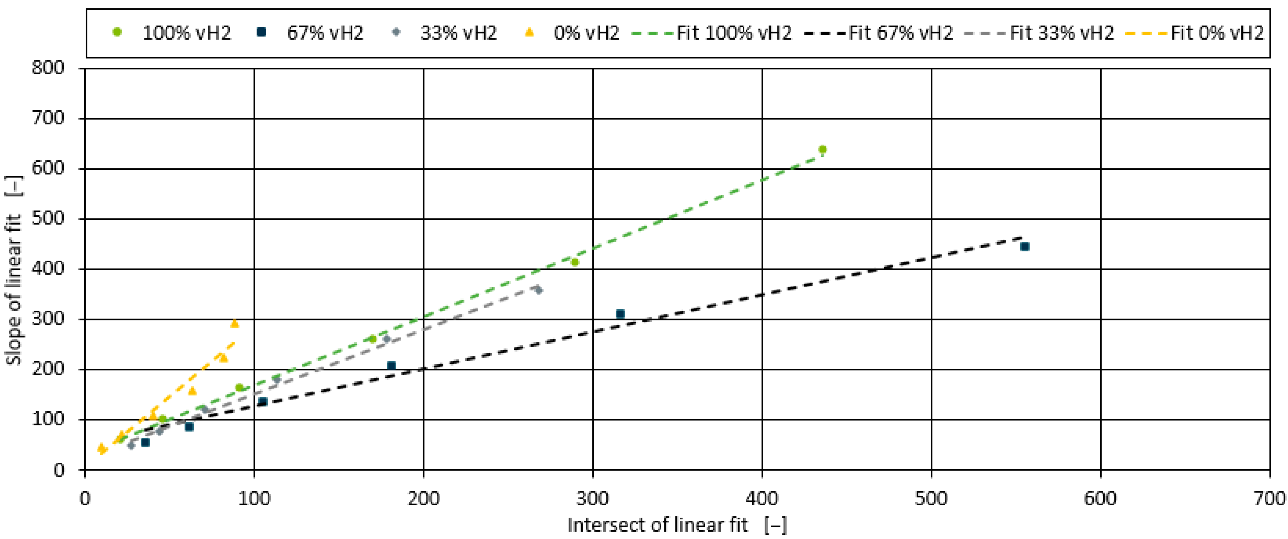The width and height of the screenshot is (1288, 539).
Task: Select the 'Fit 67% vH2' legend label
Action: pos(900,33)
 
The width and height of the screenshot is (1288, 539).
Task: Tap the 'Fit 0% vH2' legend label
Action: pos(1217,33)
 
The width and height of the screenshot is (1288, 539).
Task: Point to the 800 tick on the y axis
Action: pos(48,67)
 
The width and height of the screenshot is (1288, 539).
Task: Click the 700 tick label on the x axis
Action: pos(1269,498)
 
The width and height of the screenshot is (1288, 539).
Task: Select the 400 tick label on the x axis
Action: pos(762,498)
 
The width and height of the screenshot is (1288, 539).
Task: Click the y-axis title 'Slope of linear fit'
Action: pos(14,270)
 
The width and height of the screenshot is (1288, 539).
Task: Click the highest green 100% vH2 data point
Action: pos(822,149)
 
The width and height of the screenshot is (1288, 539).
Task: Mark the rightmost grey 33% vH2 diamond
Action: pos(538,290)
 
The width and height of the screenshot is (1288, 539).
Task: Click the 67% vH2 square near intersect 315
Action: pos(620,314)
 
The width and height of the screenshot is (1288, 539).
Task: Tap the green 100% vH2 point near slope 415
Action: pos(574,262)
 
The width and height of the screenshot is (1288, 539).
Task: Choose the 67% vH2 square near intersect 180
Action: pos(392,365)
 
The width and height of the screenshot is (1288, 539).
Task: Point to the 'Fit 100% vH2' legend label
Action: pos(734,33)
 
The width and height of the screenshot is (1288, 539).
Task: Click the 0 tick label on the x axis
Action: pos(85,498)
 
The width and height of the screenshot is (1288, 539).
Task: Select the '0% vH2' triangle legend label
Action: pos(586,33)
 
